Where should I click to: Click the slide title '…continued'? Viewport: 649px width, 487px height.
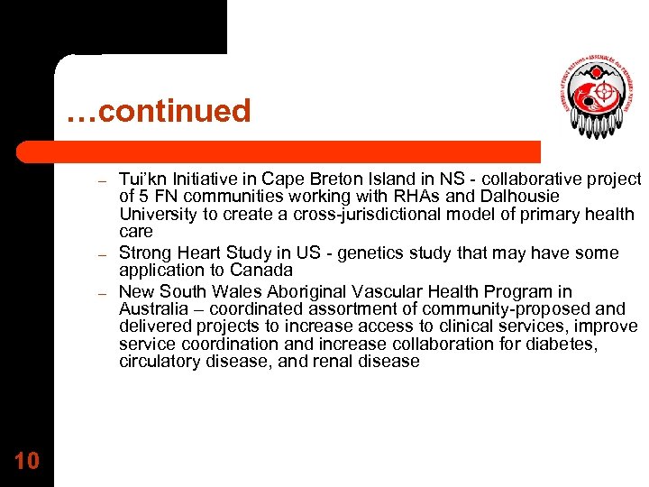(x=158, y=112)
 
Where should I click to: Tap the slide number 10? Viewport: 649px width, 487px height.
(x=27, y=461)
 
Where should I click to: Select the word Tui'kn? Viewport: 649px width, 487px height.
(x=142, y=179)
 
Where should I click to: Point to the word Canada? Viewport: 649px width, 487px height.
(x=263, y=271)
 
